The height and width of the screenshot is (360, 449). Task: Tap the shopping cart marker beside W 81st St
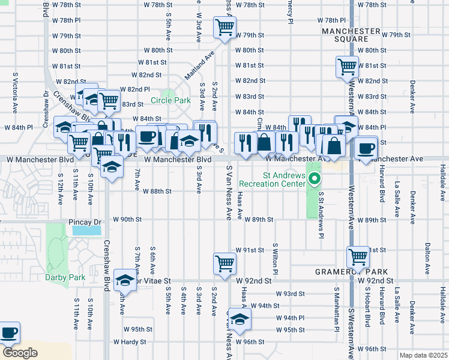click(347, 67)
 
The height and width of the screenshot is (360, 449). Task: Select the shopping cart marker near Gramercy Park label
click(358, 257)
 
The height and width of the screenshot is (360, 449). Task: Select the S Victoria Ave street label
click(15, 94)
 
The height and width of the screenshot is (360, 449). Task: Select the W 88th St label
click(157, 191)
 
